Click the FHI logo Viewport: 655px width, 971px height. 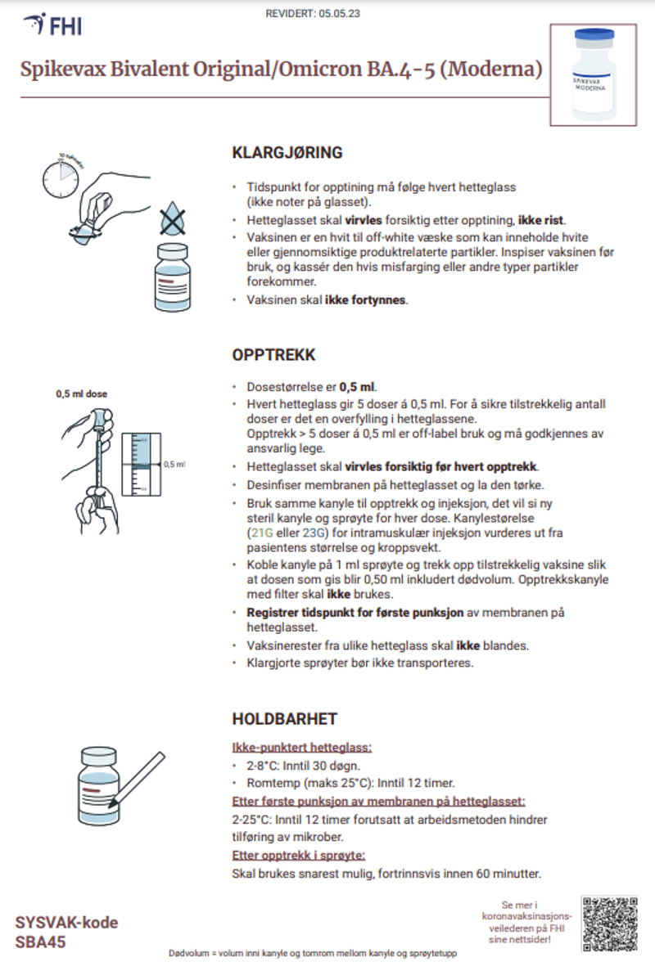[x=52, y=25]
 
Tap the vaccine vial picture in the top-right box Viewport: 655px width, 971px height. [x=594, y=74]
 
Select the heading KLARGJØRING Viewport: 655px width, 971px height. [x=287, y=153]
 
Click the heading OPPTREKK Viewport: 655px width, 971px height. [x=274, y=356]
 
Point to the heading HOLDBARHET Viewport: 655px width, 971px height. [x=285, y=719]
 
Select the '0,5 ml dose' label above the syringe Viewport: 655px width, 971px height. [x=81, y=393]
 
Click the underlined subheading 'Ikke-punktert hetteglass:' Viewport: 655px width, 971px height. [x=302, y=748]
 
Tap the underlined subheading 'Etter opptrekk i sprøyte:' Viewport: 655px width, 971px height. [x=299, y=856]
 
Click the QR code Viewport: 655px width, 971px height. [x=609, y=924]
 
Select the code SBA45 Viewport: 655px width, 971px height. [x=41, y=942]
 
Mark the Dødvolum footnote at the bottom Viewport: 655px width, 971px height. [x=312, y=954]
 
